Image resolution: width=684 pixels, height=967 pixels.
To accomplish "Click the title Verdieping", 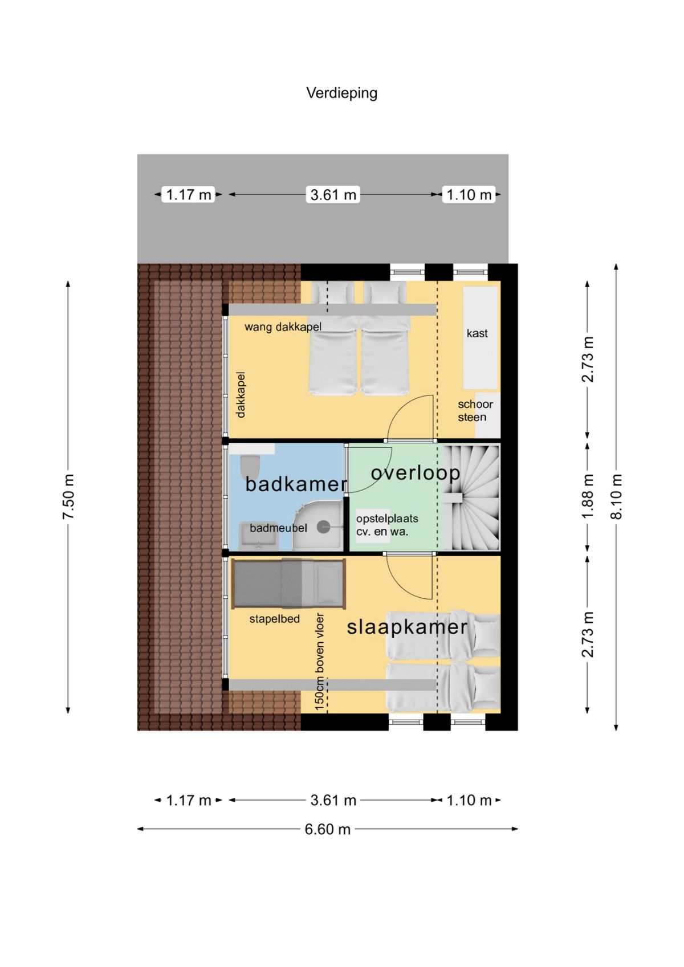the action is coord(341,93).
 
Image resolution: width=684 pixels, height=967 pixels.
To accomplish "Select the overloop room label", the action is coord(416,473).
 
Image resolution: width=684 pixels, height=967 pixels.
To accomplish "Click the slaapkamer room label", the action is coord(407,627).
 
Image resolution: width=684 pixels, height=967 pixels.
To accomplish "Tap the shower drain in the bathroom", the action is coord(323,527).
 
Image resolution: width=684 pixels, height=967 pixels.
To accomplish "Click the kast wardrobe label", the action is coord(477,333).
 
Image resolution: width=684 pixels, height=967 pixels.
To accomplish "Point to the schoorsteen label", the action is coord(475,410).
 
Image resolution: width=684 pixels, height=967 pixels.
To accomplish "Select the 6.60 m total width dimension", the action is coord(327,829).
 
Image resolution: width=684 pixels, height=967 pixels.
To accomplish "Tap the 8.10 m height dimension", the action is coord(617,496).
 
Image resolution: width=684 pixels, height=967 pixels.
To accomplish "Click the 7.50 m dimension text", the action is coord(68,496).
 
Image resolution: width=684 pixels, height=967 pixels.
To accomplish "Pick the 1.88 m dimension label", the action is coord(587,496).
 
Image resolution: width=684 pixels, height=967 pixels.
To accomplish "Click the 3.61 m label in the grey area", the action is coord(333,195).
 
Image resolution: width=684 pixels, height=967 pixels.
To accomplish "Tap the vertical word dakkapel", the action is coord(241,394).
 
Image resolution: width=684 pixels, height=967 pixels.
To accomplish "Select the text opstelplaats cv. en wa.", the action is coord(387,525).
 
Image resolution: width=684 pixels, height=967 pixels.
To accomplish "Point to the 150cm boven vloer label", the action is coord(319,662).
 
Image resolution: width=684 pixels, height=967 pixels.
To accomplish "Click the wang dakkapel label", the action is coord(283,327).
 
